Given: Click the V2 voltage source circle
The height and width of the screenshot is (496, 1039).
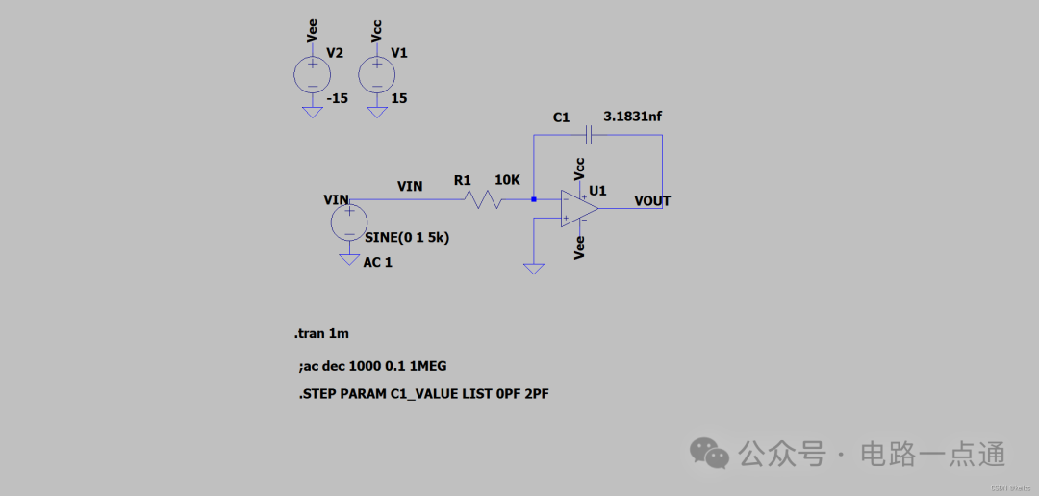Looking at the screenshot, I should pos(313,74).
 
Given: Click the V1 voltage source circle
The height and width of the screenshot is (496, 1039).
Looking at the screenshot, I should pos(377,74).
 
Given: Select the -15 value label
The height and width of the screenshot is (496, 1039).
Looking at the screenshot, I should pos(338,99).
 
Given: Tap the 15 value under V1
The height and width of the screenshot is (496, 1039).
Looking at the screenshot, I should pos(399,99).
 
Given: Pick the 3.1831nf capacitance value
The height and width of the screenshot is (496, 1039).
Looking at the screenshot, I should pos(632,117).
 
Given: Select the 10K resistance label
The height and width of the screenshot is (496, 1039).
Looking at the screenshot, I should pos(508,180).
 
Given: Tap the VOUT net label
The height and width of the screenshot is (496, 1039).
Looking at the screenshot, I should pos(652,201).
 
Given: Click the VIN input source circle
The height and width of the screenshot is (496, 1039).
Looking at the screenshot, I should pos(348,222).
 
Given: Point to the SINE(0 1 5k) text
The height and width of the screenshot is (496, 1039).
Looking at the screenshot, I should pos(408,237).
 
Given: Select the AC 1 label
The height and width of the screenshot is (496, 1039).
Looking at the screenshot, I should pos(378,263).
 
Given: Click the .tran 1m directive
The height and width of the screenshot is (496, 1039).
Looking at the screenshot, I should pos(321,334).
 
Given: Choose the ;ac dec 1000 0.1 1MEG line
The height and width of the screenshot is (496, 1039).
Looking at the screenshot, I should pos(373,366).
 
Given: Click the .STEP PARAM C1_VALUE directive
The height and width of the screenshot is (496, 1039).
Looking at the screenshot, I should pos(424,394).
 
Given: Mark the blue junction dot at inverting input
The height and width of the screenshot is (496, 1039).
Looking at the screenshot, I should pos(534,199).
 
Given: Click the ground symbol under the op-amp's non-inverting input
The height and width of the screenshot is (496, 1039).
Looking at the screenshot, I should pos(534,268).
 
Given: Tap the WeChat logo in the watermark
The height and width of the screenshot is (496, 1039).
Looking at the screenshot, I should pos(711,453).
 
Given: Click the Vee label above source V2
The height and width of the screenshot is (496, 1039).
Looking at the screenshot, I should pos(312,31).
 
